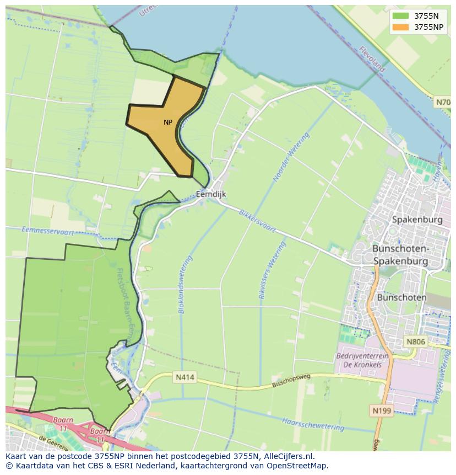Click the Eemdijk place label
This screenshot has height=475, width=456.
point(211,194)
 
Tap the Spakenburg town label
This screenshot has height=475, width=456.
point(417,220)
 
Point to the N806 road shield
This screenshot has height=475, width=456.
point(416,342)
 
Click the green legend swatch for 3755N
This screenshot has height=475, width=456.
point(401,16)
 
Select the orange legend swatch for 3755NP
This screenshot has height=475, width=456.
point(401,27)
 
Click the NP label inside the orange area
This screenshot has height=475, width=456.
point(168,122)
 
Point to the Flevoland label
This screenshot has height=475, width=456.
point(372,59)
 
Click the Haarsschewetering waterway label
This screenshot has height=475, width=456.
point(313,423)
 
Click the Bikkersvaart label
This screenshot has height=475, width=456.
point(257,220)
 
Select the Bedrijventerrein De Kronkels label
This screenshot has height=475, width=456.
point(362,360)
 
